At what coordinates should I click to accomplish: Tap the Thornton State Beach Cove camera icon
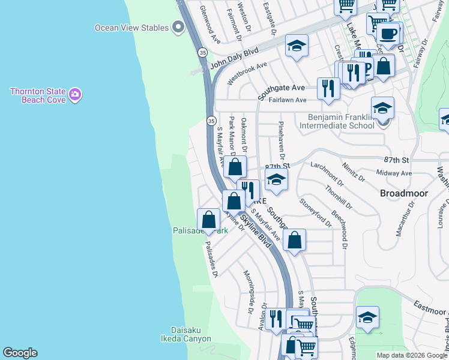point(75,94)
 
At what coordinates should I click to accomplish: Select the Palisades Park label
point(200,230)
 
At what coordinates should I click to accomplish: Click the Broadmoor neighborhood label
point(403,193)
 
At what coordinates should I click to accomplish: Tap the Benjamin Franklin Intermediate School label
point(341,122)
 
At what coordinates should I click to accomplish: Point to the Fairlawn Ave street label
point(288,100)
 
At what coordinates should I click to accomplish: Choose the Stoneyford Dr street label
point(316,213)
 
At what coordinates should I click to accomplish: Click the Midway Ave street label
point(394,173)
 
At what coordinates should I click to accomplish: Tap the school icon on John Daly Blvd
point(297,46)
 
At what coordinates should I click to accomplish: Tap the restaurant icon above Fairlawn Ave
point(328,88)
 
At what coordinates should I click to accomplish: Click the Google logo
point(20,353)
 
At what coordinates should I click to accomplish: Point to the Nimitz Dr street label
point(354,170)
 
